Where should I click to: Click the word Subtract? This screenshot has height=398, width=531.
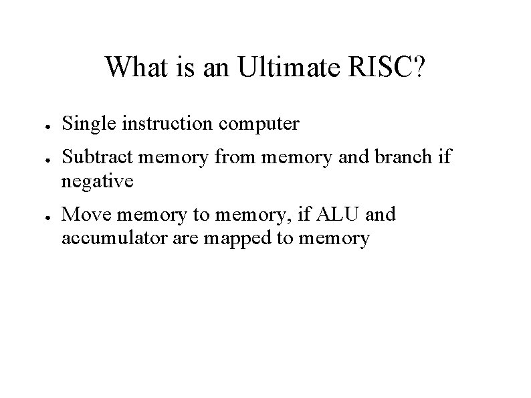coord(94,157)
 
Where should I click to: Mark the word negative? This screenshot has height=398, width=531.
coord(97,181)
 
